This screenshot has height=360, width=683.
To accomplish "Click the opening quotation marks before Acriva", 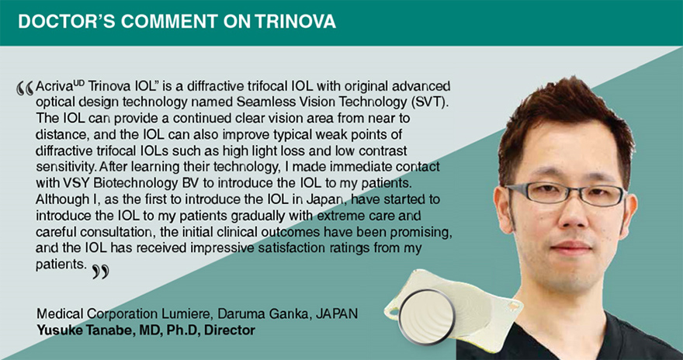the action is [x=26, y=88].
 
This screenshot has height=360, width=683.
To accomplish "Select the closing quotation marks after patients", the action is [x=100, y=272].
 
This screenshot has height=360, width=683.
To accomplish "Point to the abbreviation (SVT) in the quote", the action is [x=437, y=102].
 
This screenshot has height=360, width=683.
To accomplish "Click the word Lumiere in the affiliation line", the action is [x=190, y=313].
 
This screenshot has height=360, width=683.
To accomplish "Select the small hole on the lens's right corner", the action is [x=514, y=306].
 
